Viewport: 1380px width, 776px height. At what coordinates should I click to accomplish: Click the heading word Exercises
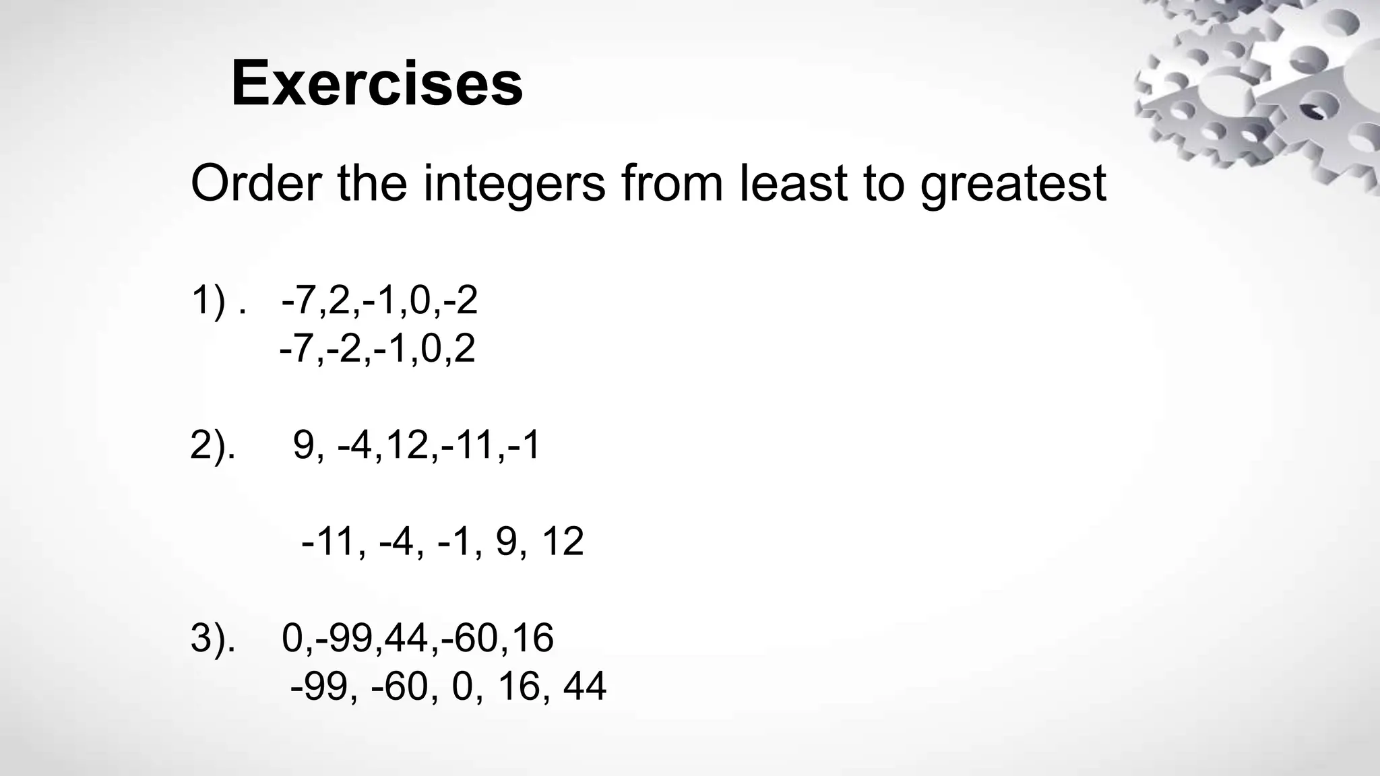(377, 84)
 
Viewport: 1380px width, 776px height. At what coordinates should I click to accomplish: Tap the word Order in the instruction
(256, 183)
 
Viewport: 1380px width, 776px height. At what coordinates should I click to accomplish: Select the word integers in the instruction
(514, 183)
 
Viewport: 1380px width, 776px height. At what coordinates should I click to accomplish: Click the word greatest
(1013, 183)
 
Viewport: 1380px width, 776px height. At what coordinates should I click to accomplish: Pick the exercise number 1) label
(209, 300)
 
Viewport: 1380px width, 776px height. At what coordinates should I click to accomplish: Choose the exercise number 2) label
(213, 445)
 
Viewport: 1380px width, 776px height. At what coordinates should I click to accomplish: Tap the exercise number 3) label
(213, 638)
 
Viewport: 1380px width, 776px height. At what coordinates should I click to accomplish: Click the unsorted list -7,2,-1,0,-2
(379, 300)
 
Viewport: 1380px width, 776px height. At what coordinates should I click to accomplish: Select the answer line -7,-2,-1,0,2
(377, 349)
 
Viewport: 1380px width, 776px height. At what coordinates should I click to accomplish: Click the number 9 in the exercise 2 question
(305, 445)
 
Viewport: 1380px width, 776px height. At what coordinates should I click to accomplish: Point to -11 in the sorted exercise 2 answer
(327, 542)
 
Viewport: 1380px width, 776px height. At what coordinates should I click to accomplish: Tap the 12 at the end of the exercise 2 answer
(562, 542)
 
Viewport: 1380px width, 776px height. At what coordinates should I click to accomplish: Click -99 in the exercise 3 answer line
(319, 686)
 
